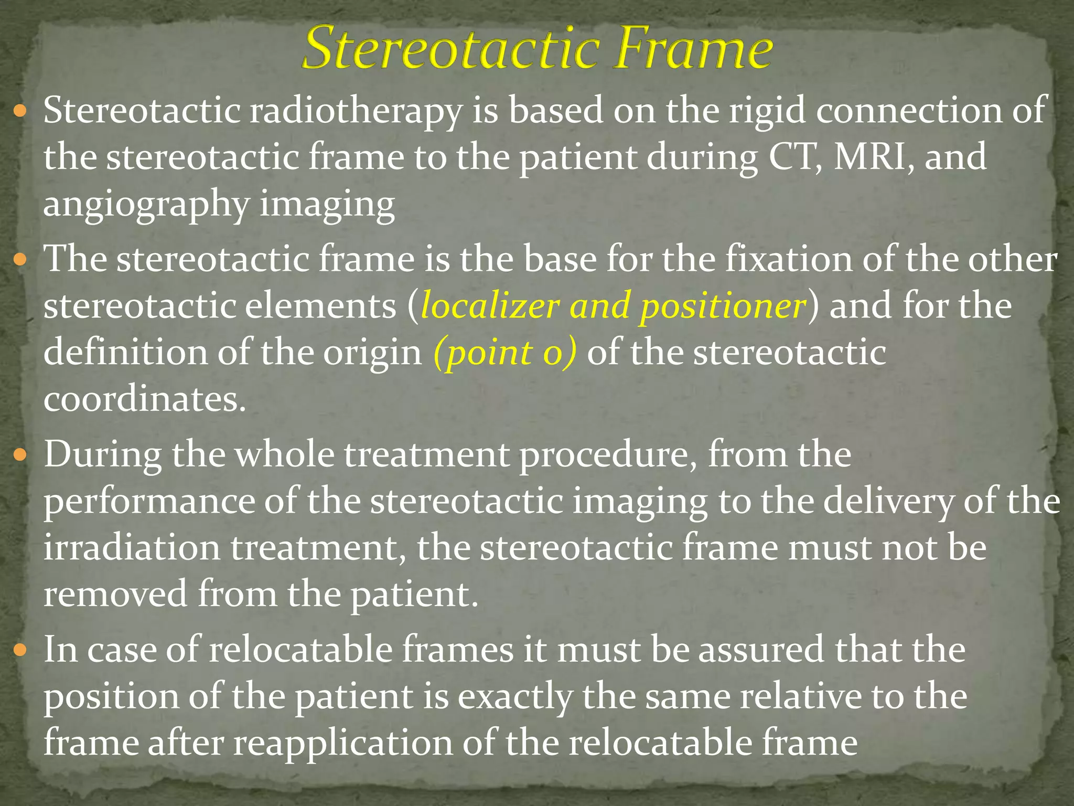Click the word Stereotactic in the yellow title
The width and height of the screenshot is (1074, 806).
point(450,49)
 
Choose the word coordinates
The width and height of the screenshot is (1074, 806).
point(145,400)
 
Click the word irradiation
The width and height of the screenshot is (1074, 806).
point(132,548)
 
